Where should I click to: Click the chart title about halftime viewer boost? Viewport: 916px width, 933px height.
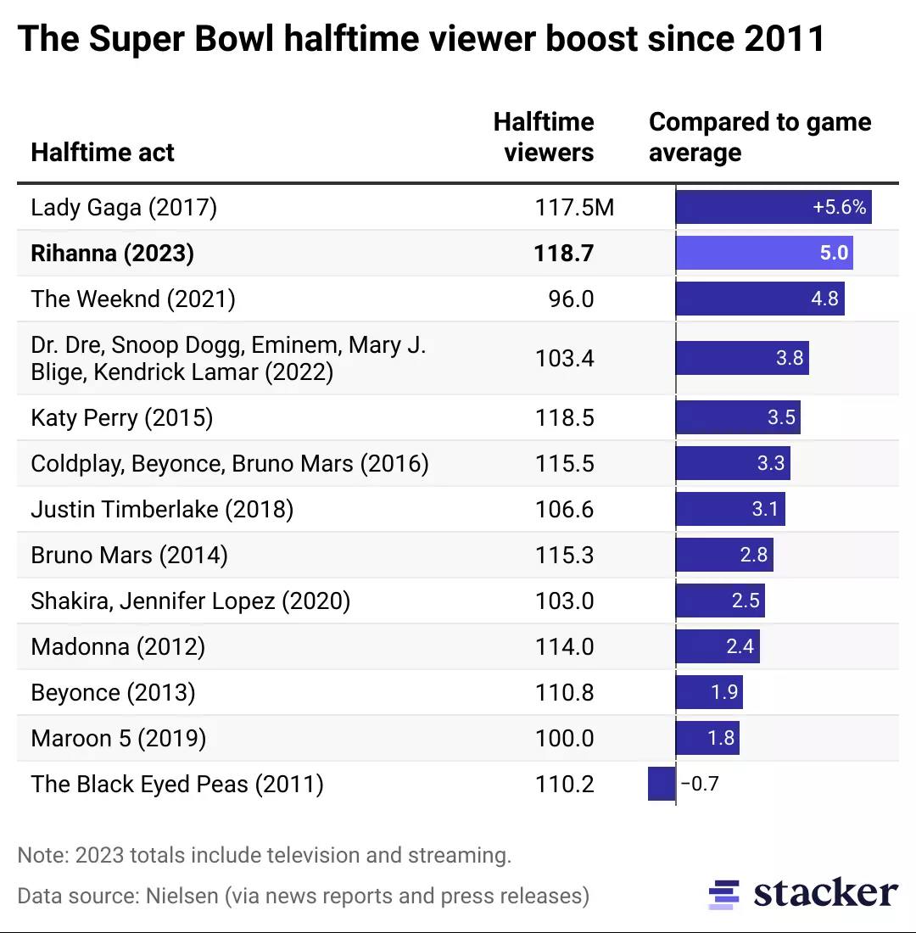tap(421, 39)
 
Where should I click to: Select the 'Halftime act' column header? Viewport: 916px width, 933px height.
tap(103, 153)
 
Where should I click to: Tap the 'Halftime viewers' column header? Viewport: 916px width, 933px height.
tap(544, 137)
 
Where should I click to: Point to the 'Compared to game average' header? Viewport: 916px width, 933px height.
tap(759, 137)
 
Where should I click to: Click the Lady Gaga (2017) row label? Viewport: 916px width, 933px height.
tap(124, 208)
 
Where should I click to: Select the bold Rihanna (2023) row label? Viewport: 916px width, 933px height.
tap(112, 254)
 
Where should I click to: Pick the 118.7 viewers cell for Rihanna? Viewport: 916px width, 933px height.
tap(563, 254)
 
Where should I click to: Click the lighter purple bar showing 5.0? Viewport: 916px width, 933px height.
tap(764, 254)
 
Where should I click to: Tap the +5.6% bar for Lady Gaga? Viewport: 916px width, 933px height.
tap(774, 208)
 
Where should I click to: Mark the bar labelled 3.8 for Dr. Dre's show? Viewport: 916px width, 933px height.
tap(742, 358)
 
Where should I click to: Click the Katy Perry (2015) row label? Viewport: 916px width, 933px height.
tap(121, 418)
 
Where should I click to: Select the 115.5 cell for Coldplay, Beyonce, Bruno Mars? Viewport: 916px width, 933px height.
tap(563, 464)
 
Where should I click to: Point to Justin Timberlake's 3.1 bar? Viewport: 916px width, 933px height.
tap(730, 510)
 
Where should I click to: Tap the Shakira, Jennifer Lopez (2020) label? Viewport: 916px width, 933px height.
tap(190, 601)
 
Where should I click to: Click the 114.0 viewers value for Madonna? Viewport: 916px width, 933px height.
tap(563, 647)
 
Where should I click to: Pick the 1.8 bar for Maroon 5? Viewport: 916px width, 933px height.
tap(707, 739)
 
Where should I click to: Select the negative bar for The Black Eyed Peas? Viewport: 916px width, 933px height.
tap(661, 784)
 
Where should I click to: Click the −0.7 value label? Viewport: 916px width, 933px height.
tap(700, 784)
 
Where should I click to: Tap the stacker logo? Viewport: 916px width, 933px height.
tap(802, 894)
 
